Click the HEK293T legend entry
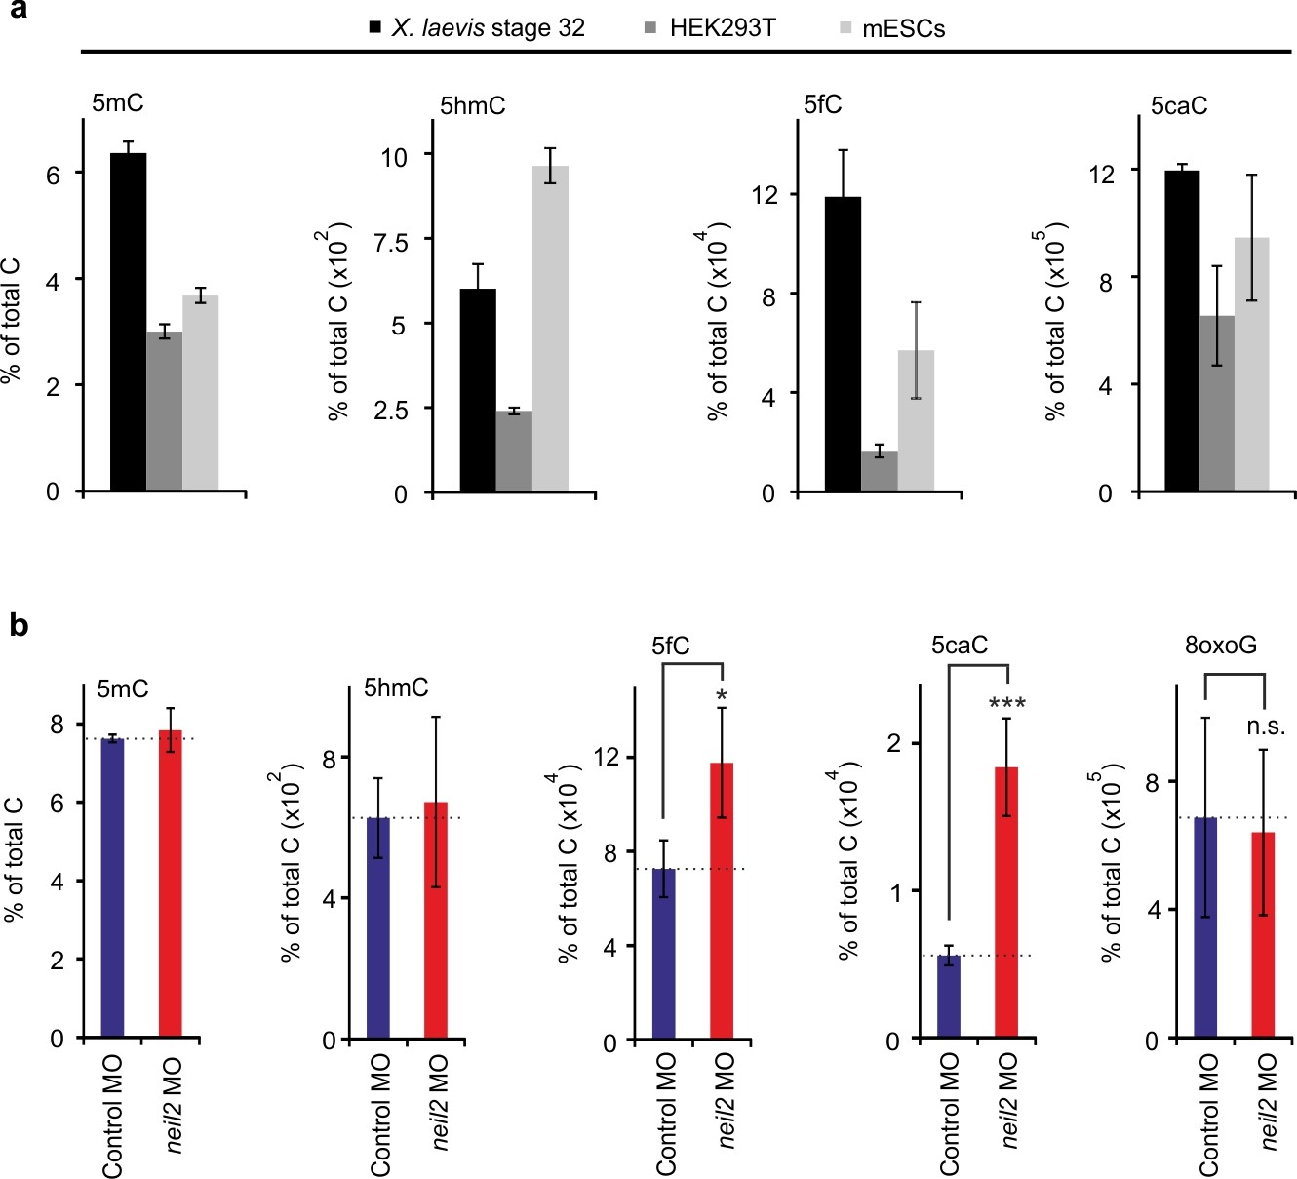721,28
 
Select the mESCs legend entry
903,28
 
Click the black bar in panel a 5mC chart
128,322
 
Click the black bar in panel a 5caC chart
1182,331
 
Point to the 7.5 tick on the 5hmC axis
392,241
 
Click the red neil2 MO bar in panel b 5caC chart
1006,901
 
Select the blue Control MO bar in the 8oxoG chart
1205,926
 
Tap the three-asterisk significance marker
1006,703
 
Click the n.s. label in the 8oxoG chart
1266,727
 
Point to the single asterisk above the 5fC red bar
722,696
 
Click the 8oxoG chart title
1221,646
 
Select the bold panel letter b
19,626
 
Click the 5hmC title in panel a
473,106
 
